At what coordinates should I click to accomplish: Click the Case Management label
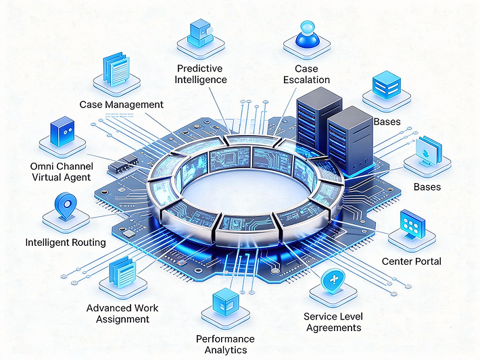coord(122,105)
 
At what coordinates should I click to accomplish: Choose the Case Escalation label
coord(312,74)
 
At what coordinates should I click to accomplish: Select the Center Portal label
coord(412,261)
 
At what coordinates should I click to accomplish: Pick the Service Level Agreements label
coord(333,322)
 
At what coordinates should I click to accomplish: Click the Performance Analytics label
coord(225,344)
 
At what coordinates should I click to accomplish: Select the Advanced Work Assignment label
coord(122,313)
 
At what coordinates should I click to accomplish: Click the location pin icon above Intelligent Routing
coord(66,205)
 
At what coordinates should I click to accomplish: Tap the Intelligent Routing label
coord(66,242)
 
